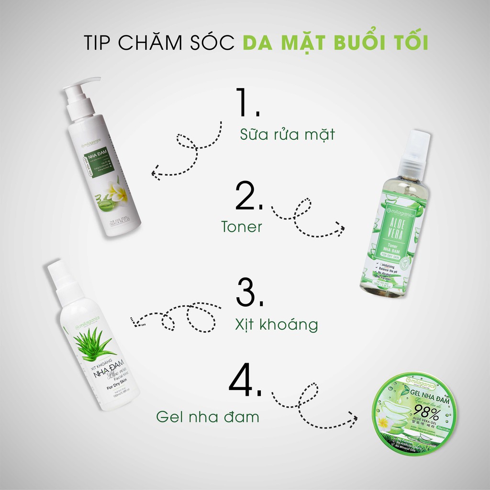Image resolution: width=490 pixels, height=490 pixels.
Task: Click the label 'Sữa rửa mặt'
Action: [x=287, y=134]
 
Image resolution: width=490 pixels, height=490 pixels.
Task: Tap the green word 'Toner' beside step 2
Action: [x=242, y=227]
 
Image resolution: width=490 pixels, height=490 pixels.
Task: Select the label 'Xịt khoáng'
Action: [x=277, y=324]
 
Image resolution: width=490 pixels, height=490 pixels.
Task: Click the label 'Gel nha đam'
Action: [x=207, y=416]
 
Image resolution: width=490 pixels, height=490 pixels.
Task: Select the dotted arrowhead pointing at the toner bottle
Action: [x=341, y=229]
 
